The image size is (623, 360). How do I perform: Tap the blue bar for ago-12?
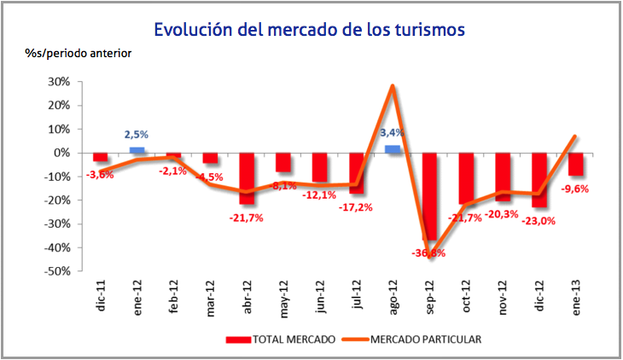393,149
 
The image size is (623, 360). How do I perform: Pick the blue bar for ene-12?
137,150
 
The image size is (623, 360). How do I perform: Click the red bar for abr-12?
247,178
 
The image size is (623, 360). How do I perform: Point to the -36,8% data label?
429,253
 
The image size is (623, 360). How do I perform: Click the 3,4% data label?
392,133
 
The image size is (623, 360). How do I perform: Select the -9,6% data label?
576,190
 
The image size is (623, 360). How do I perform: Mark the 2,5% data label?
137,135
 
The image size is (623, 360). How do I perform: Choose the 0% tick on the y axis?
61,153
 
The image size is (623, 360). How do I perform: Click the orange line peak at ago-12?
392,85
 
